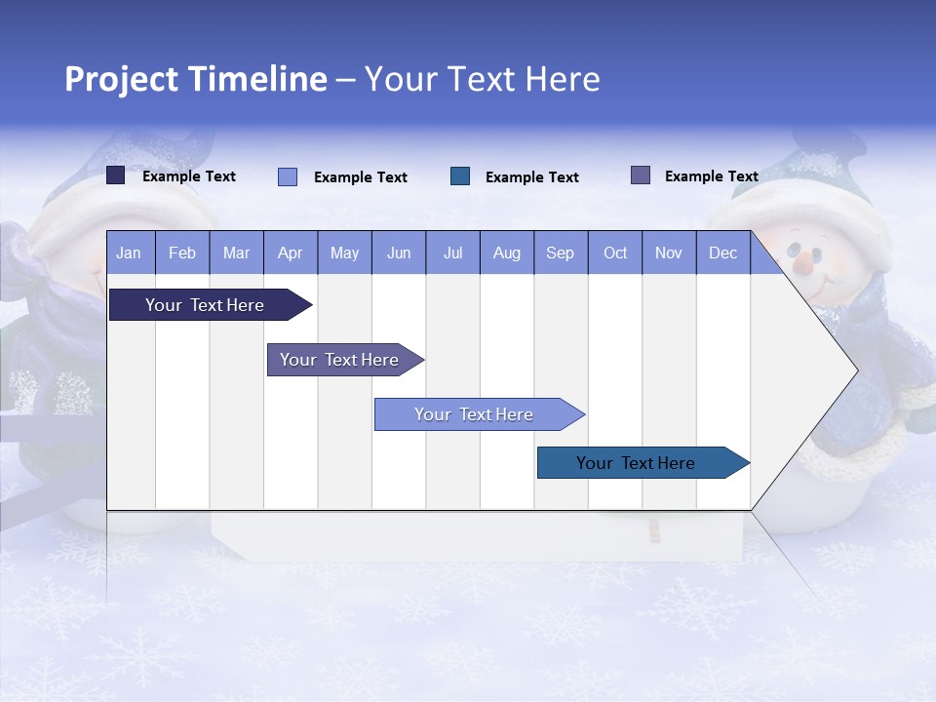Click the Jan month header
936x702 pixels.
pyautogui.click(x=129, y=253)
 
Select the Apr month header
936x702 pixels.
pyautogui.click(x=290, y=253)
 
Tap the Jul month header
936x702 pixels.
pyautogui.click(x=452, y=253)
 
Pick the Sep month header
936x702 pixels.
pyautogui.click(x=560, y=253)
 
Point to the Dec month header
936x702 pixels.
pyautogui.click(x=722, y=253)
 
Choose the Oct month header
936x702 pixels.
pyautogui.click(x=615, y=253)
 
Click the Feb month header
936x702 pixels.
pyautogui.click(x=182, y=253)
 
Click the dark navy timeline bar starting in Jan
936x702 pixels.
pyautogui.click(x=205, y=305)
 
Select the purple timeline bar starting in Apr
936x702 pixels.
pyautogui.click(x=339, y=360)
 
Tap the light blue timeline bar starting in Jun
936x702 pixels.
pyautogui.click(x=474, y=414)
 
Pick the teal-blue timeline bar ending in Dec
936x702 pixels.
pyautogui.click(x=636, y=463)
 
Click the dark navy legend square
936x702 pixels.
pyautogui.click(x=115, y=175)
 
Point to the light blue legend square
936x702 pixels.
pyautogui.click(x=288, y=176)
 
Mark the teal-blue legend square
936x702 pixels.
pyautogui.click(x=460, y=175)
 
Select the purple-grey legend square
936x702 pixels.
pyautogui.click(x=641, y=175)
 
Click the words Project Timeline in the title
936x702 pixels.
pyautogui.click(x=195, y=79)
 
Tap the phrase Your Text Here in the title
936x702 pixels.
pyautogui.click(x=482, y=79)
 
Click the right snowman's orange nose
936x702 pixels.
pyautogui.click(x=801, y=263)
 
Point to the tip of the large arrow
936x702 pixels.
pyautogui.click(x=856, y=370)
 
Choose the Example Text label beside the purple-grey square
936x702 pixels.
pyautogui.click(x=711, y=176)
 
